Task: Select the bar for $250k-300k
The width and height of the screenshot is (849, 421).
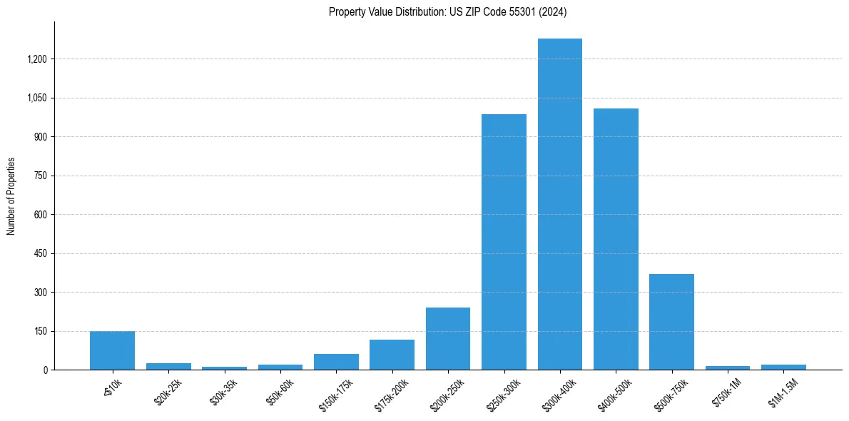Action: [504, 242]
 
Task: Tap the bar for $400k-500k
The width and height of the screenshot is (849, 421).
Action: [616, 239]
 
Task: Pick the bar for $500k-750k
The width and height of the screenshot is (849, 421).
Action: [671, 322]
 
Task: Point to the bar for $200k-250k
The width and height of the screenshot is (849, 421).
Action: [448, 339]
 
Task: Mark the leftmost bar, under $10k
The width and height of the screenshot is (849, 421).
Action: [112, 350]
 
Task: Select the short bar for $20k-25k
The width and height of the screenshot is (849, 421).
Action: [168, 366]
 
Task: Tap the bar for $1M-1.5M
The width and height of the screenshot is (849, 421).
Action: [783, 367]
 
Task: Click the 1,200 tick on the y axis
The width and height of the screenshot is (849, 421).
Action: [37, 59]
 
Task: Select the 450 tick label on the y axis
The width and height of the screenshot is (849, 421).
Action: [41, 253]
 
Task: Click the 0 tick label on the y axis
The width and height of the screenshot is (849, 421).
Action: [45, 370]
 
